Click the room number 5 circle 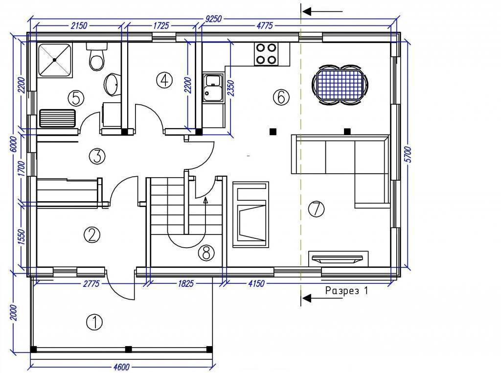click(76, 98)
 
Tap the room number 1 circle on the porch click(94, 322)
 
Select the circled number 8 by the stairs click(206, 253)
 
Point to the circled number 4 click(164, 80)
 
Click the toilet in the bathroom click(96, 57)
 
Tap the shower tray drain click(55, 60)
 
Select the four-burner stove click(266, 53)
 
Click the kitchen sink click(212, 88)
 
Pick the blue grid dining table click(340, 85)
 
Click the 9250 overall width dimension click(213, 19)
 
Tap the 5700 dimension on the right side click(409, 155)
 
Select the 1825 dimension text click(185, 283)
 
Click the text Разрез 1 click(347, 291)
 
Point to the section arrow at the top click(322, 12)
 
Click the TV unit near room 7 click(338, 258)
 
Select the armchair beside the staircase click(250, 214)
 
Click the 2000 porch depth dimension click(13, 313)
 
